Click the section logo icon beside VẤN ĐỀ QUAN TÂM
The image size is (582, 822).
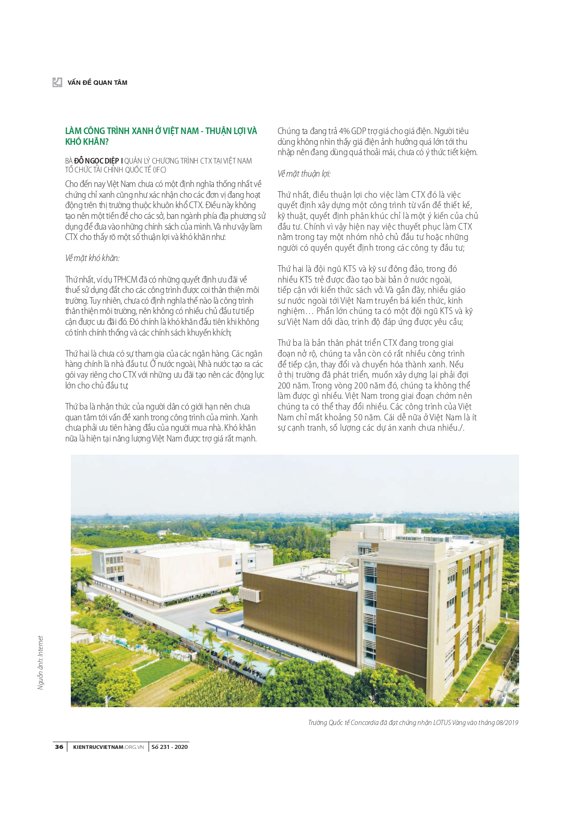[57, 82]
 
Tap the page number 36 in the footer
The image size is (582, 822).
[59, 747]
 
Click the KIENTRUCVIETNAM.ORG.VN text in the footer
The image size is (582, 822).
[108, 747]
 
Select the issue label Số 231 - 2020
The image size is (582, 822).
[169, 747]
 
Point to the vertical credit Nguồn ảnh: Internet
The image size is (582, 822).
[41, 662]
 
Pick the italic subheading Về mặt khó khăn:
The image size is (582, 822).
[92, 258]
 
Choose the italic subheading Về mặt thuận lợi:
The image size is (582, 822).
[304, 173]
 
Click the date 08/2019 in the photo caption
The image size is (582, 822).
[506, 722]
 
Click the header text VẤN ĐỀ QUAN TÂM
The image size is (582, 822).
[98, 82]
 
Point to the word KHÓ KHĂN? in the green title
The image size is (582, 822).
[87, 142]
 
